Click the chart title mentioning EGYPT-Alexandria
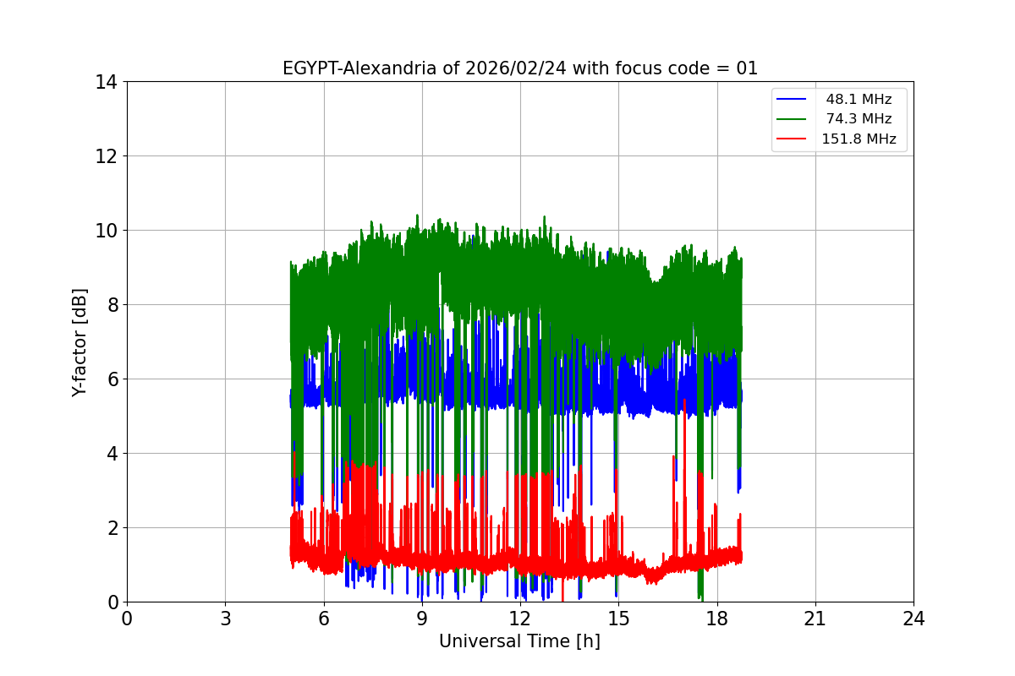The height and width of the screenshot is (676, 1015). coord(519,68)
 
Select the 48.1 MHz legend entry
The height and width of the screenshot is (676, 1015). coord(859,100)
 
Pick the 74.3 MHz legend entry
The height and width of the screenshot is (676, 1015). coord(859,119)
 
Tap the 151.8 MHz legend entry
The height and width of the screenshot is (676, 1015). coord(859,139)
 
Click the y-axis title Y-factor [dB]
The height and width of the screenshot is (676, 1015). coord(80,341)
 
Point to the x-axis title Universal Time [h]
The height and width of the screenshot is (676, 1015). coord(519,641)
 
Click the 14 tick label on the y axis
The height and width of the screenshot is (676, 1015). coord(106,82)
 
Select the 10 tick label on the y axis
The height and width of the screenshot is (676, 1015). coord(106,231)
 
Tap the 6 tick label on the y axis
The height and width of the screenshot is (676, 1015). coord(111,379)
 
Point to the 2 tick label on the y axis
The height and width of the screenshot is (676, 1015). coord(111,528)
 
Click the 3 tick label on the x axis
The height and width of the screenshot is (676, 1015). coord(225,619)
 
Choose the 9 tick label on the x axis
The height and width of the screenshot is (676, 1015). coord(422,619)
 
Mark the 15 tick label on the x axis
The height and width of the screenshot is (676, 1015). coord(618,619)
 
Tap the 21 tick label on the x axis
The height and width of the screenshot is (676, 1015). coord(815,619)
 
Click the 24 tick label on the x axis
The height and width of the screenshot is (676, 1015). coord(913,619)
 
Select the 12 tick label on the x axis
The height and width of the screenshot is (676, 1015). coord(520,619)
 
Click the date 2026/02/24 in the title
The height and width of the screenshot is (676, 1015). coord(516,68)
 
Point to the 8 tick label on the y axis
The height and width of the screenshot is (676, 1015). coord(111,305)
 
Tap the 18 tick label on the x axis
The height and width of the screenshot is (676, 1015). coord(717,619)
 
